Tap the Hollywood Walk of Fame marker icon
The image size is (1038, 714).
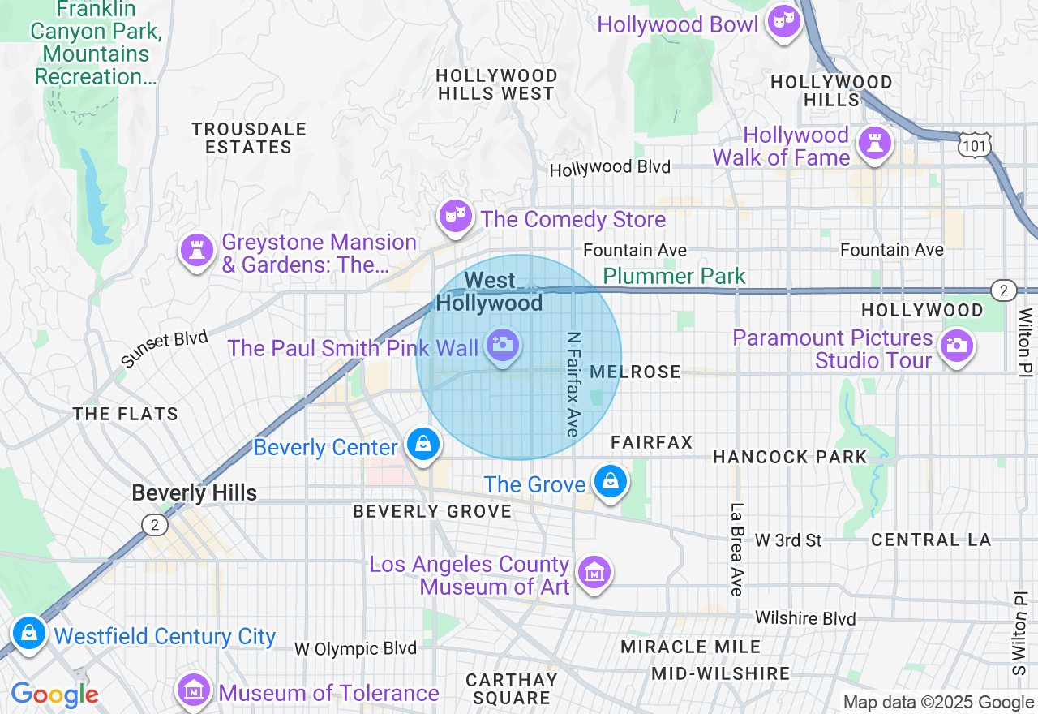(x=874, y=144)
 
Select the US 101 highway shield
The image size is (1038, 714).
(x=973, y=145)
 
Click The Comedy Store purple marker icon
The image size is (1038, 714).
(x=456, y=217)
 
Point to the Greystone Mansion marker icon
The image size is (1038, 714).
(x=196, y=251)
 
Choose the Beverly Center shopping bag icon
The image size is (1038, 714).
(x=423, y=444)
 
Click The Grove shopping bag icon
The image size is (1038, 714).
(x=609, y=481)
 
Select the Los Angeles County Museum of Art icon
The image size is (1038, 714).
(x=595, y=572)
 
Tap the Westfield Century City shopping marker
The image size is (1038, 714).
(x=30, y=633)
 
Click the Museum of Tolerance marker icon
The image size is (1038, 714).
(x=194, y=690)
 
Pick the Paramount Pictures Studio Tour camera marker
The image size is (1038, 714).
(x=956, y=346)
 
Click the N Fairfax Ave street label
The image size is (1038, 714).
(x=573, y=383)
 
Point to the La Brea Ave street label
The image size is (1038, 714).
(x=736, y=549)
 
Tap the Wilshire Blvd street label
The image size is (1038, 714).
(x=804, y=618)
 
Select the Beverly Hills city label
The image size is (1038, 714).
(x=194, y=492)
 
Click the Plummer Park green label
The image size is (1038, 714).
(x=674, y=276)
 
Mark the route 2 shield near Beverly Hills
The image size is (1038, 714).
(x=154, y=525)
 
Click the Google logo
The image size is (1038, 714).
(x=54, y=695)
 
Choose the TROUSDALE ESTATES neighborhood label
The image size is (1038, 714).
(x=249, y=138)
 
